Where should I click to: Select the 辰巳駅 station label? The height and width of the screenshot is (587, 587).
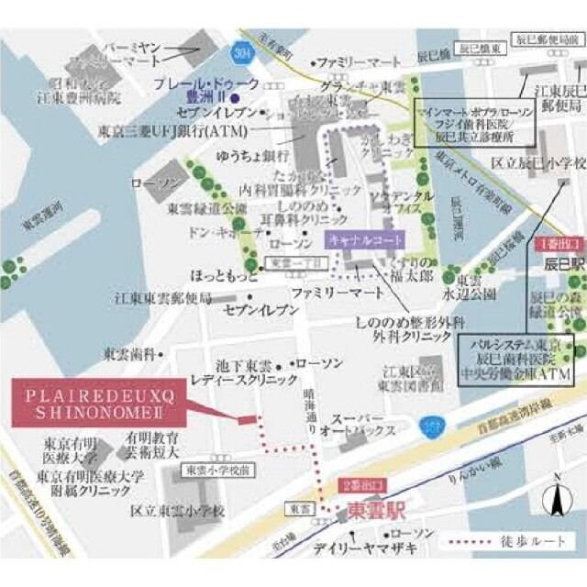561,263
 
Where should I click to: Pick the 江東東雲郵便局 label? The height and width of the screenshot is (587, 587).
163,298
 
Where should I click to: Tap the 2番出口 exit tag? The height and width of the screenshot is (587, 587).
360,483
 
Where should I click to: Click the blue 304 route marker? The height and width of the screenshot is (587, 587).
241,50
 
